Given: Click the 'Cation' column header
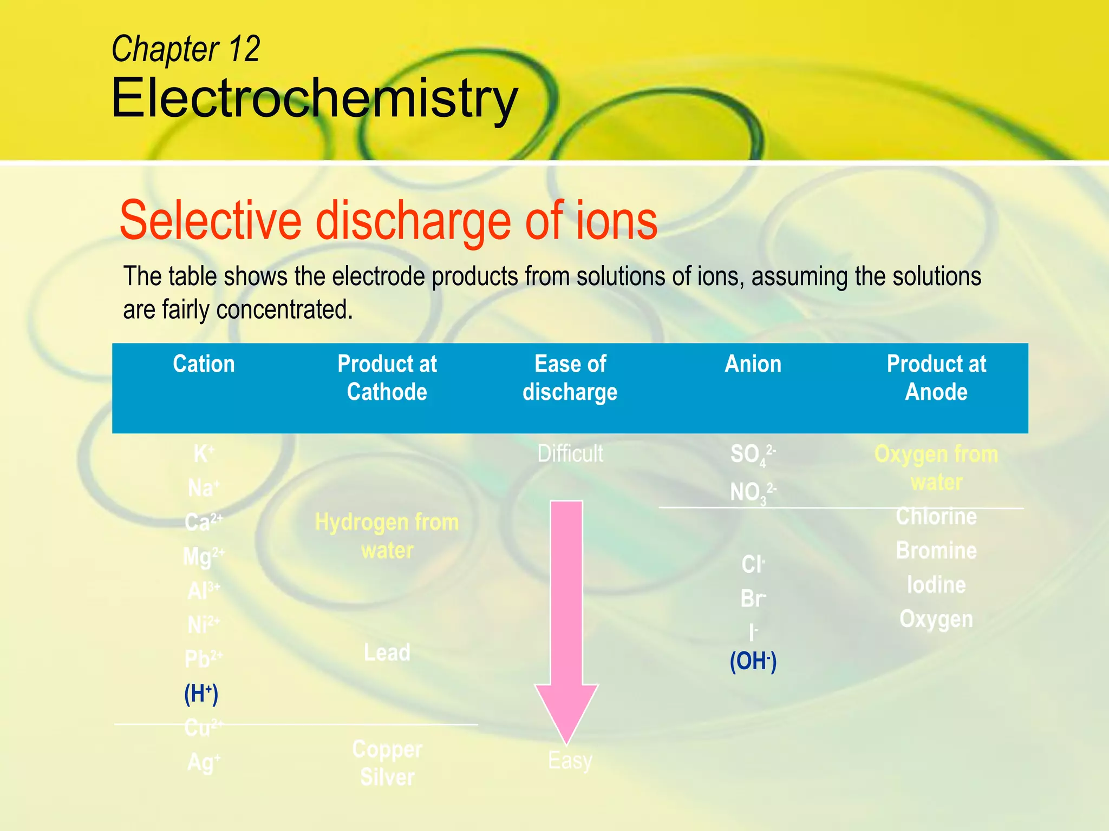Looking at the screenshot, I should click(x=204, y=364).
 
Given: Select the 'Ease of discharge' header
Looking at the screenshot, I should click(x=570, y=378).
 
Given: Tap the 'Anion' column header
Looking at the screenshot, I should click(x=753, y=364).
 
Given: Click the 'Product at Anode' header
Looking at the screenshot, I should click(x=936, y=378).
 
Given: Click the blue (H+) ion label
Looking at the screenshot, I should click(x=201, y=694).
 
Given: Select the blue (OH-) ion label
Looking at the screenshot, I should click(x=753, y=661).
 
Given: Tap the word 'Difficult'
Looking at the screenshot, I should click(x=570, y=453).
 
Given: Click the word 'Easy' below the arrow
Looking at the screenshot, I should click(x=570, y=760).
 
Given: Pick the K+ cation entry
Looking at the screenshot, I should click(x=203, y=453).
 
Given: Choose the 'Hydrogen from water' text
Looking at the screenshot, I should click(x=387, y=536).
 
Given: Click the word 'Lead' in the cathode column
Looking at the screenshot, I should click(x=387, y=652).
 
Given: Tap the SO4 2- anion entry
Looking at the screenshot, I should click(x=752, y=454).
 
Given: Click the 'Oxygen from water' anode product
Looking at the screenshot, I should click(x=936, y=468).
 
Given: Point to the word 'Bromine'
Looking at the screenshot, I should click(x=936, y=551).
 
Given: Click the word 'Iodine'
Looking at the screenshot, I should click(x=936, y=585).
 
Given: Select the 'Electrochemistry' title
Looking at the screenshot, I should click(x=314, y=98).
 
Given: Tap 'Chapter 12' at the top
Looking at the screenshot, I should click(x=186, y=49).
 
